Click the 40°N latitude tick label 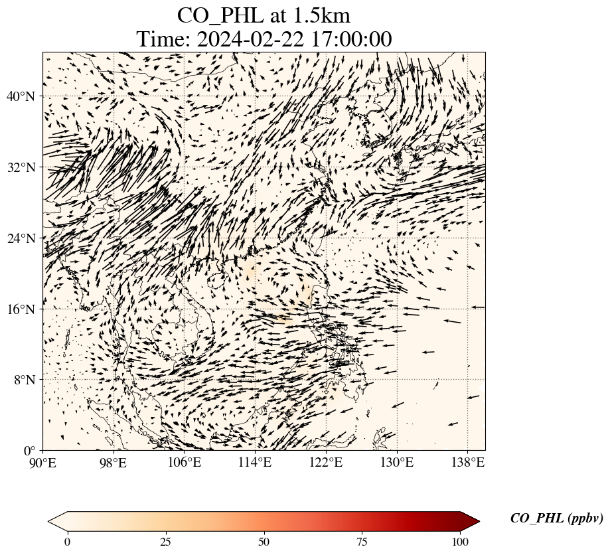click(x=20, y=97)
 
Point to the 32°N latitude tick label click(x=20, y=167)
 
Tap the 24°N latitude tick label click(x=20, y=238)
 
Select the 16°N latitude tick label click(x=20, y=309)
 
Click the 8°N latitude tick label click(x=23, y=380)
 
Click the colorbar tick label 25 click(x=165, y=542)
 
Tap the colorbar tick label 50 click(x=264, y=542)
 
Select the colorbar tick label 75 click(x=362, y=542)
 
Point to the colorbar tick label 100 click(x=461, y=542)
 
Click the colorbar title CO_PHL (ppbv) click(x=556, y=518)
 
